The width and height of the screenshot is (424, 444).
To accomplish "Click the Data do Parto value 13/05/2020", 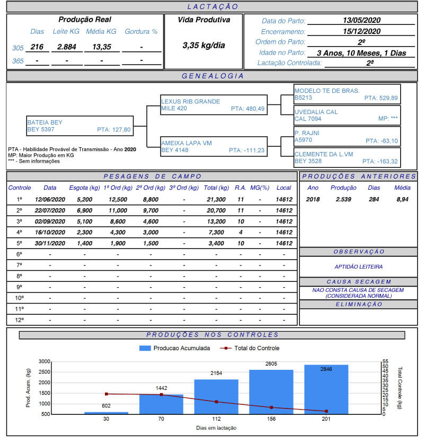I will pyautogui.click(x=361, y=21).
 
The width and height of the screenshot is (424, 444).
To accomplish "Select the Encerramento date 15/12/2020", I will pyautogui.click(x=361, y=31).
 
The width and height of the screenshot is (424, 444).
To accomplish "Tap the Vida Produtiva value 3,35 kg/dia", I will pyautogui.click(x=204, y=46).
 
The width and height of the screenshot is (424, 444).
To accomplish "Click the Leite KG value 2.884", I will pyautogui.click(x=67, y=47).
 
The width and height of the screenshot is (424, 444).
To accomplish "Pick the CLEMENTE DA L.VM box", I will pyautogui.click(x=347, y=157).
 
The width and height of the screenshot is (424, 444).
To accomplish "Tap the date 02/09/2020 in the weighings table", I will pyautogui.click(x=50, y=221).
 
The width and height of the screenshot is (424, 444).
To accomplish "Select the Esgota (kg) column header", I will pyautogui.click(x=84, y=188).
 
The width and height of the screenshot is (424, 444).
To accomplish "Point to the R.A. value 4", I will pyautogui.click(x=241, y=233).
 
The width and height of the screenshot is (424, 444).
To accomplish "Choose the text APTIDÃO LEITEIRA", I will pyautogui.click(x=358, y=267).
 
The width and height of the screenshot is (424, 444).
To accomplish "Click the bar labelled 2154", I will pyautogui.click(x=216, y=396).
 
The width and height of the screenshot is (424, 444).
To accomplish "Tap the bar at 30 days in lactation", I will pyautogui.click(x=106, y=413).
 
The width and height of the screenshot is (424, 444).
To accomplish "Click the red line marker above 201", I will pyautogui.click(x=326, y=411).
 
